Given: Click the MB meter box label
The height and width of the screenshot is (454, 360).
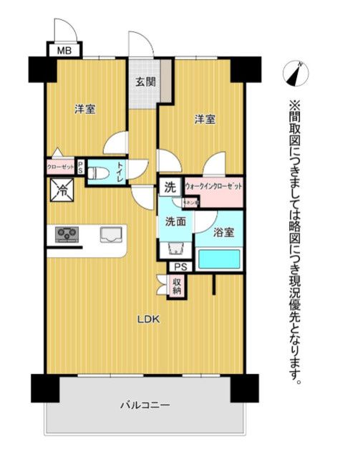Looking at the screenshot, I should [64, 50].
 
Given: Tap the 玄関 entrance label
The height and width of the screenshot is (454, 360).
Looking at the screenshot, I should [145, 81].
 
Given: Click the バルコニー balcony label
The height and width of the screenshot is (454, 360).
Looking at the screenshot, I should [145, 405].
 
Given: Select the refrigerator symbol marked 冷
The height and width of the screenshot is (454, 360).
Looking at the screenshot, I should [62, 190].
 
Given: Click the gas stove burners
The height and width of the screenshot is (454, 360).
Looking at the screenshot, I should [67, 233].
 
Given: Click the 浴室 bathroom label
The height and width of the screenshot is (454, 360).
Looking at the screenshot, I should [223, 231].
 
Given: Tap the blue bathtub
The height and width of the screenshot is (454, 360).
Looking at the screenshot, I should [218, 259].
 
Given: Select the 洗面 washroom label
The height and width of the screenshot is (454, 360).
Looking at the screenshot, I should [175, 222].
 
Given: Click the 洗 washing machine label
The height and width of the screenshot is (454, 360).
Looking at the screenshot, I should [170, 188].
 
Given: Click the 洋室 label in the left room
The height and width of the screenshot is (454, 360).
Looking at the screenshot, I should [85, 110].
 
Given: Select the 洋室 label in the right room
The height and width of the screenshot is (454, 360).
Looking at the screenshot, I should [205, 119].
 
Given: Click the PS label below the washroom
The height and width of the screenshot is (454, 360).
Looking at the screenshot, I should [180, 267].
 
